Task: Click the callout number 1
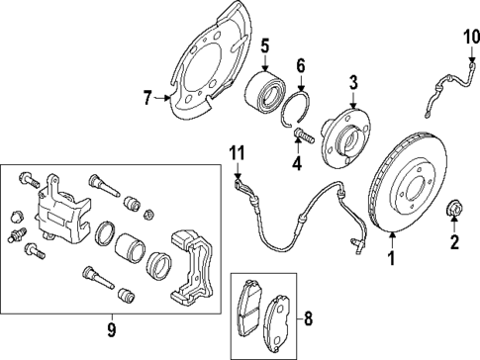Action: tap(390, 261)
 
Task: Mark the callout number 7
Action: tap(147, 96)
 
